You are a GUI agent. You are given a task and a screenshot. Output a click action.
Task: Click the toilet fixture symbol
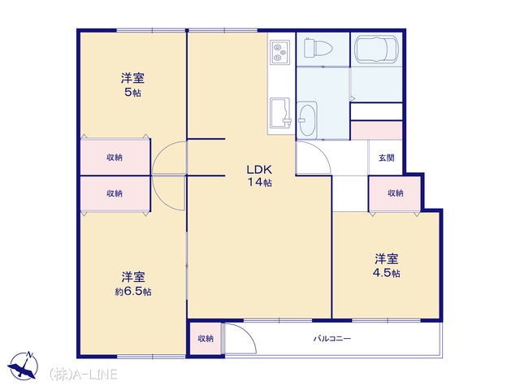pyautogui.click(x=318, y=48)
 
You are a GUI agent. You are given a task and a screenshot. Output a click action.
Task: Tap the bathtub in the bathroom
pyautogui.click(x=375, y=49)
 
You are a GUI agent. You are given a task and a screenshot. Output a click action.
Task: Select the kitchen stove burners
pyautogui.click(x=279, y=52)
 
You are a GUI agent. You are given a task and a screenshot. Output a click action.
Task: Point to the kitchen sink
pyautogui.click(x=280, y=113)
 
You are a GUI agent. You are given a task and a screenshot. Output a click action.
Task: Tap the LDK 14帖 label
pyautogui.click(x=259, y=175)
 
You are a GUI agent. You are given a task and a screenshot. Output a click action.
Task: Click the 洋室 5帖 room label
pyautogui.click(x=132, y=84)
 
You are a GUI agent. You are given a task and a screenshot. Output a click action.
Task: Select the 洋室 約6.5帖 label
pyautogui.click(x=133, y=284)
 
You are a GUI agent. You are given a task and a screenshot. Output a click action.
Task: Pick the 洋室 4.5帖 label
pyautogui.click(x=387, y=266)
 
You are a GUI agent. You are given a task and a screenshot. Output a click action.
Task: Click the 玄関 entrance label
pyautogui.click(x=387, y=158)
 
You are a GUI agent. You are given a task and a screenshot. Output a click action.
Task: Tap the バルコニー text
pyautogui.click(x=332, y=339)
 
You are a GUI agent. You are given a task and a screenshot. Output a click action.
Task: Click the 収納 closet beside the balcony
pyautogui.click(x=206, y=339)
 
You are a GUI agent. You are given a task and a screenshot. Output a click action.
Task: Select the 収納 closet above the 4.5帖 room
pyautogui.click(x=395, y=193)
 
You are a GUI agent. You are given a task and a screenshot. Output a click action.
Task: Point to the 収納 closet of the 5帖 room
pyautogui.click(x=115, y=157)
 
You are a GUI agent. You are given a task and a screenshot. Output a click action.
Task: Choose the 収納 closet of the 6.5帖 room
pyautogui.click(x=115, y=193)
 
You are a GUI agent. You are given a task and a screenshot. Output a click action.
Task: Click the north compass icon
pyautogui.click(x=24, y=366)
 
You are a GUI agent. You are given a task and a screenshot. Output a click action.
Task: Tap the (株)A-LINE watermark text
pyautogui.click(x=83, y=374)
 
